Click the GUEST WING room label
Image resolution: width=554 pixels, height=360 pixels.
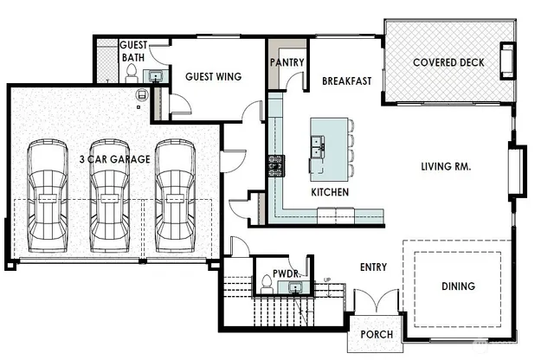(213, 77)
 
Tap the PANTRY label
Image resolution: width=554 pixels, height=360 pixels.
(286, 62)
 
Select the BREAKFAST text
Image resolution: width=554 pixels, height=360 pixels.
(346, 81)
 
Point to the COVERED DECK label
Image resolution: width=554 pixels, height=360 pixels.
(448, 62)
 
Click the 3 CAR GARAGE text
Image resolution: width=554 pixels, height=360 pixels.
(114, 159)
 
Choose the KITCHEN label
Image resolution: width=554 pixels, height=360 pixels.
(330, 191)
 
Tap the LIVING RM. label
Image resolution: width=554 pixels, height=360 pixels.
(445, 166)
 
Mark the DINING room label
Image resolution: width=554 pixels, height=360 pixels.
(457, 286)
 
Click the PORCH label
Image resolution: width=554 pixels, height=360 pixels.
(376, 334)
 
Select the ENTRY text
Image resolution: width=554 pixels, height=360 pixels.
(373, 267)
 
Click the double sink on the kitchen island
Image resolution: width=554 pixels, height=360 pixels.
(318, 148)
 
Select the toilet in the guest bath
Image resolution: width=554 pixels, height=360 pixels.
(132, 76)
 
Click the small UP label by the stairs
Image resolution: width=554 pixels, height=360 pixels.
(326, 280)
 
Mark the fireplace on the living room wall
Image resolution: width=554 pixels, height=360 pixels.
(521, 169)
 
